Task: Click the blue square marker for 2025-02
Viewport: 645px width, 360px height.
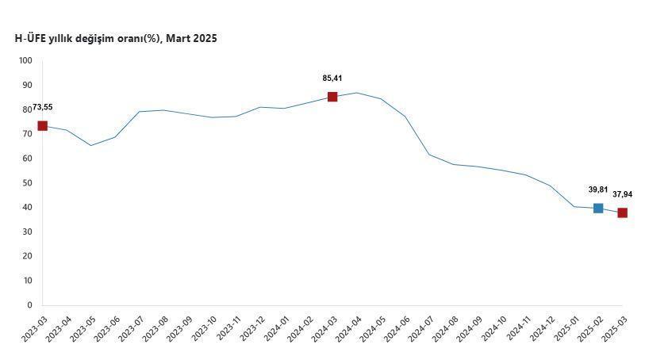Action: click(x=598, y=209)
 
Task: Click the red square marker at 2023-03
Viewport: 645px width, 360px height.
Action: click(x=43, y=126)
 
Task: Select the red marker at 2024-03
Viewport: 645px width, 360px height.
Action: click(x=332, y=97)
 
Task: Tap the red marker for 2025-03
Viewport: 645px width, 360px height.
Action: click(x=623, y=213)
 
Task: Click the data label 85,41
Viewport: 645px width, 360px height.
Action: click(x=332, y=79)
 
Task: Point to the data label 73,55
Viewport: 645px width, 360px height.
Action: click(x=43, y=108)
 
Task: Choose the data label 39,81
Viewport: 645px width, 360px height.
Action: click(x=598, y=190)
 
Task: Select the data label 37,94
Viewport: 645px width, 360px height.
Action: click(x=623, y=194)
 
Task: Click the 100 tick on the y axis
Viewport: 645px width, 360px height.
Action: click(x=25, y=61)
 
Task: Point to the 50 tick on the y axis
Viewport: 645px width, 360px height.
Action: click(x=27, y=183)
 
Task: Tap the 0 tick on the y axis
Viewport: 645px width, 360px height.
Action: click(x=29, y=305)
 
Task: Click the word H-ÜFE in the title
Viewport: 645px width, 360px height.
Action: click(x=33, y=38)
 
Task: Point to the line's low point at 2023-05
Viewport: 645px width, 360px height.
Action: click(x=91, y=145)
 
